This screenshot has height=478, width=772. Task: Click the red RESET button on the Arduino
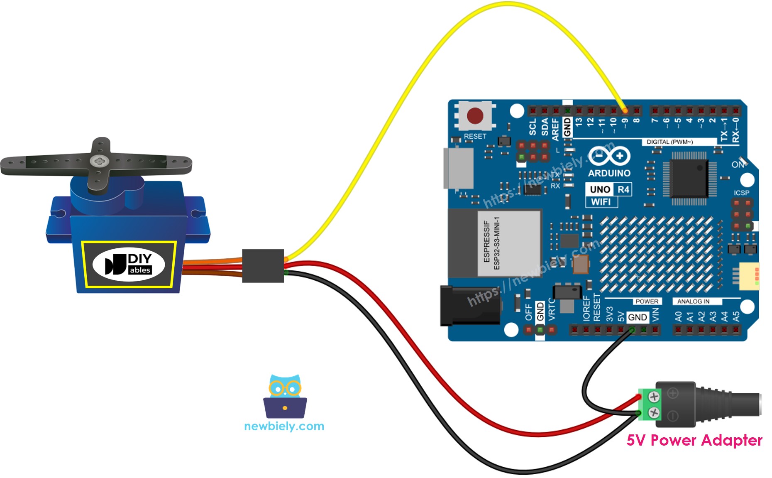click(x=475, y=116)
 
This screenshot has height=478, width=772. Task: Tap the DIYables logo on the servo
click(x=129, y=264)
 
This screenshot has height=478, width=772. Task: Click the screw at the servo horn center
click(x=100, y=160)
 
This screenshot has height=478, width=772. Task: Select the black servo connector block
click(x=263, y=266)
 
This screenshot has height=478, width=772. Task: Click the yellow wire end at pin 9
click(x=625, y=110)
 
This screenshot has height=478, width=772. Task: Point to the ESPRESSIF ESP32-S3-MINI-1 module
click(x=509, y=243)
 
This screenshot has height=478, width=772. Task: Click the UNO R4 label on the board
click(x=609, y=189)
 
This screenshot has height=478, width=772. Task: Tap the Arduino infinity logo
click(x=609, y=157)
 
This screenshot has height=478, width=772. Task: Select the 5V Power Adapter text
click(x=694, y=440)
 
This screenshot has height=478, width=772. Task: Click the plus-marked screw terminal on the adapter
click(x=654, y=397)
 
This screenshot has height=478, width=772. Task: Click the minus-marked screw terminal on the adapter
click(x=654, y=413)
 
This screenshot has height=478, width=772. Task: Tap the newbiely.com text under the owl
click(x=284, y=426)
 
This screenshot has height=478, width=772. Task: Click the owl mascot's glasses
click(x=285, y=389)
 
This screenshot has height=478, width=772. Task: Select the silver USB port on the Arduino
click(x=459, y=168)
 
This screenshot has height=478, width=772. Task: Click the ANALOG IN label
click(x=693, y=301)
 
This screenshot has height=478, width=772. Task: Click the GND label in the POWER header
click(x=637, y=317)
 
